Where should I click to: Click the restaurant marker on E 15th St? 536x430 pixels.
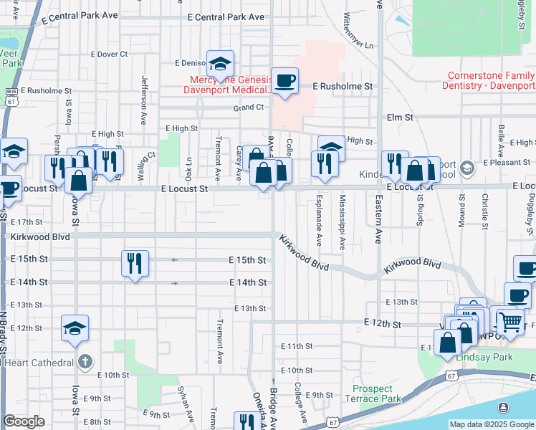pyautogui.click(x=135, y=263)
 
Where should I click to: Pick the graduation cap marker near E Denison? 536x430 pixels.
pyautogui.click(x=221, y=63)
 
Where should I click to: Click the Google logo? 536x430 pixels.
pyautogui.click(x=24, y=421)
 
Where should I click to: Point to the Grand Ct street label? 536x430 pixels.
pyautogui.click(x=249, y=107)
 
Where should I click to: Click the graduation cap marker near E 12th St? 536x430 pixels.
pyautogui.click(x=75, y=328)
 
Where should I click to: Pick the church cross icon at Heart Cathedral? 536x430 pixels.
pyautogui.click(x=85, y=360)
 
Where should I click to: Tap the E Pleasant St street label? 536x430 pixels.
pyautogui.click(x=506, y=163)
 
